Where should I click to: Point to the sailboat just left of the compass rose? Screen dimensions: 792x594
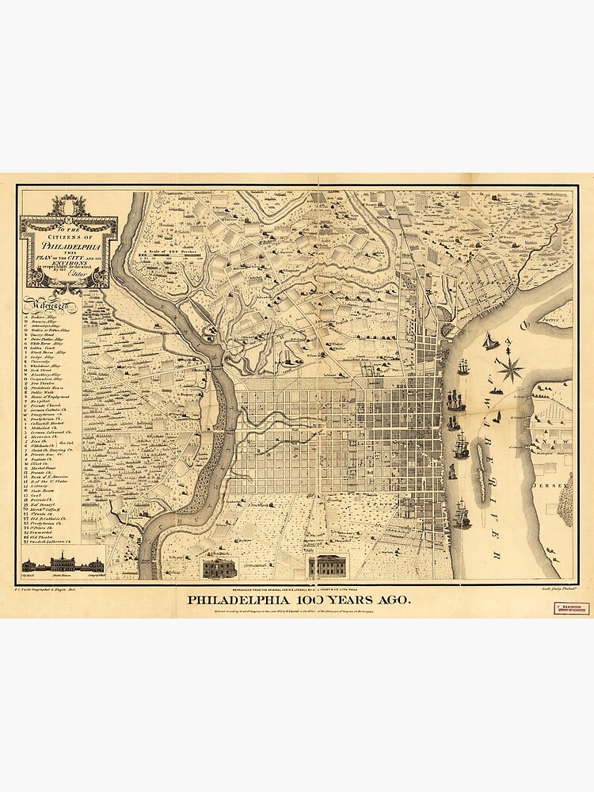(x=490, y=341)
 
